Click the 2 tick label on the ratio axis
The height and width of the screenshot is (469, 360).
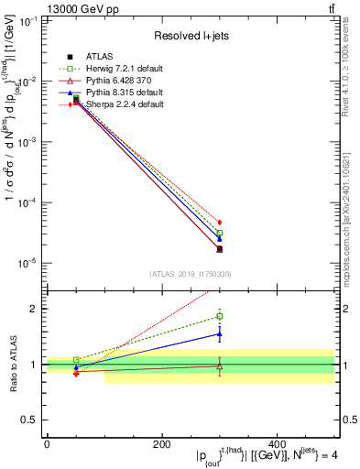35,309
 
